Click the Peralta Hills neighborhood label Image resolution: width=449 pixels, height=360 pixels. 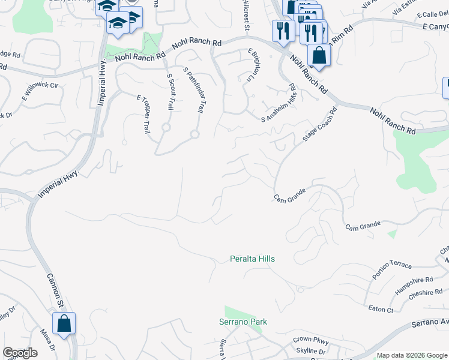(x=253, y=259)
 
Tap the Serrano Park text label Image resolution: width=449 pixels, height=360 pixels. (x=243, y=322)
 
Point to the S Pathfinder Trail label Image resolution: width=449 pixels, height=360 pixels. (x=193, y=90)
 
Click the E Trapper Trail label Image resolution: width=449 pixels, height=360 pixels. (x=142, y=113)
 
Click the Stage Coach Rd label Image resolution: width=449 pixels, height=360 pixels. (x=319, y=124)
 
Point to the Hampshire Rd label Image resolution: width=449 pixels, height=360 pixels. (x=414, y=284)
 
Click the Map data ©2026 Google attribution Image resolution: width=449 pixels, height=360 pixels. (x=411, y=355)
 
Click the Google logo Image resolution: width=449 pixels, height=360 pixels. (x=20, y=353)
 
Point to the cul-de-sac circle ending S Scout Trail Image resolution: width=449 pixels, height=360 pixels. (x=166, y=127)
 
